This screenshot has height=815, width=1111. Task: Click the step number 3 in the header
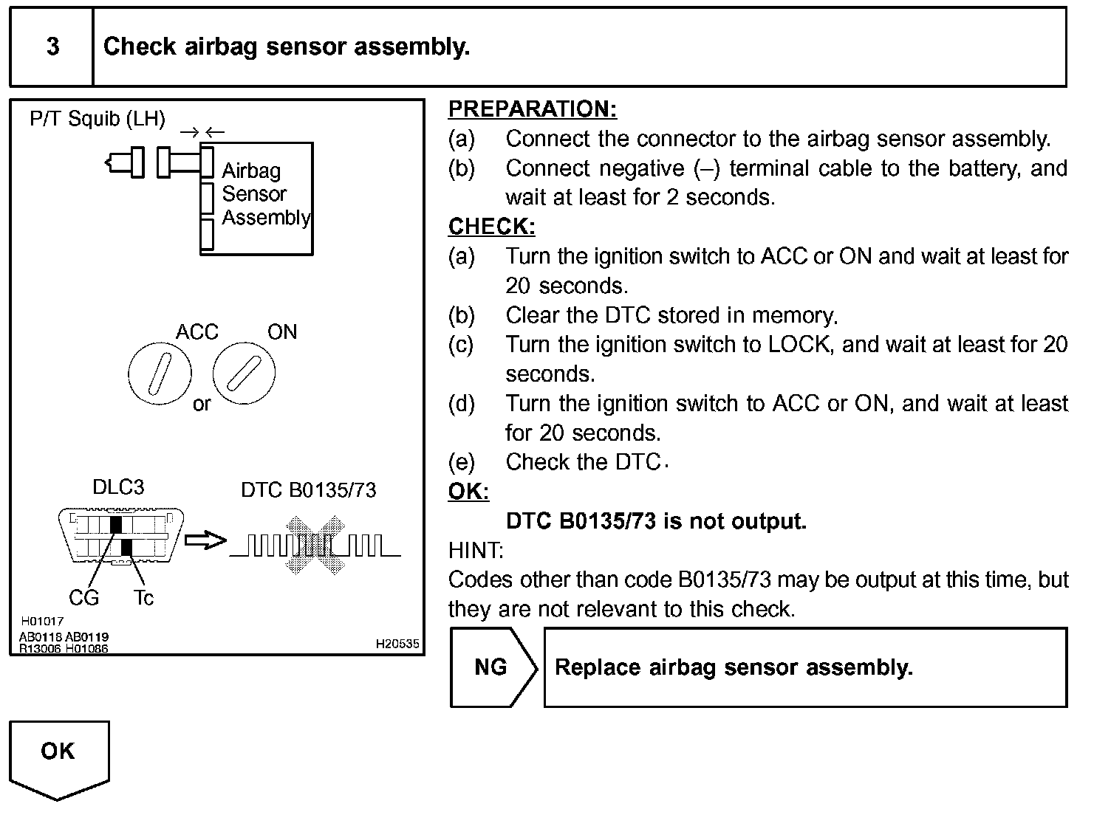[x=53, y=47]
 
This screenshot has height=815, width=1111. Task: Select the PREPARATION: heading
[x=532, y=109]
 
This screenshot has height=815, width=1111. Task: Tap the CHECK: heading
[x=491, y=227]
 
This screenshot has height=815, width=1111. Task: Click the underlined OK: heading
[x=468, y=491]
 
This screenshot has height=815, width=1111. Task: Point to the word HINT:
[x=476, y=550]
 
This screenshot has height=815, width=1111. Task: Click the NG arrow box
[x=493, y=667]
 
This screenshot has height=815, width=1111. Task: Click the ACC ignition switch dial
[x=160, y=374]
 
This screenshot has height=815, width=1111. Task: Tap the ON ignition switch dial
[x=244, y=374]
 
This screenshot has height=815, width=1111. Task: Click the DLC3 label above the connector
[x=118, y=487]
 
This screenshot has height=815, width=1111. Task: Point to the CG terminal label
[x=83, y=598]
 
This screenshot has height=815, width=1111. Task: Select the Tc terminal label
[x=143, y=598]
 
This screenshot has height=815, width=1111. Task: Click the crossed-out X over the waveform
[x=315, y=545]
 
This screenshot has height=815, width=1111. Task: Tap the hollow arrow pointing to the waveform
[x=205, y=540]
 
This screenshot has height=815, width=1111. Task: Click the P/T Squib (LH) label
[x=98, y=119]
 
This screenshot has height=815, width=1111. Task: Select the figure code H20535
[x=397, y=644]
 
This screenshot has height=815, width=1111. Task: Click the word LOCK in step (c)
[x=799, y=345]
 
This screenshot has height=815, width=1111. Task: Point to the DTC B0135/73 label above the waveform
[x=309, y=490]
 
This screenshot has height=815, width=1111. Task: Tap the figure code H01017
[x=42, y=621]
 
